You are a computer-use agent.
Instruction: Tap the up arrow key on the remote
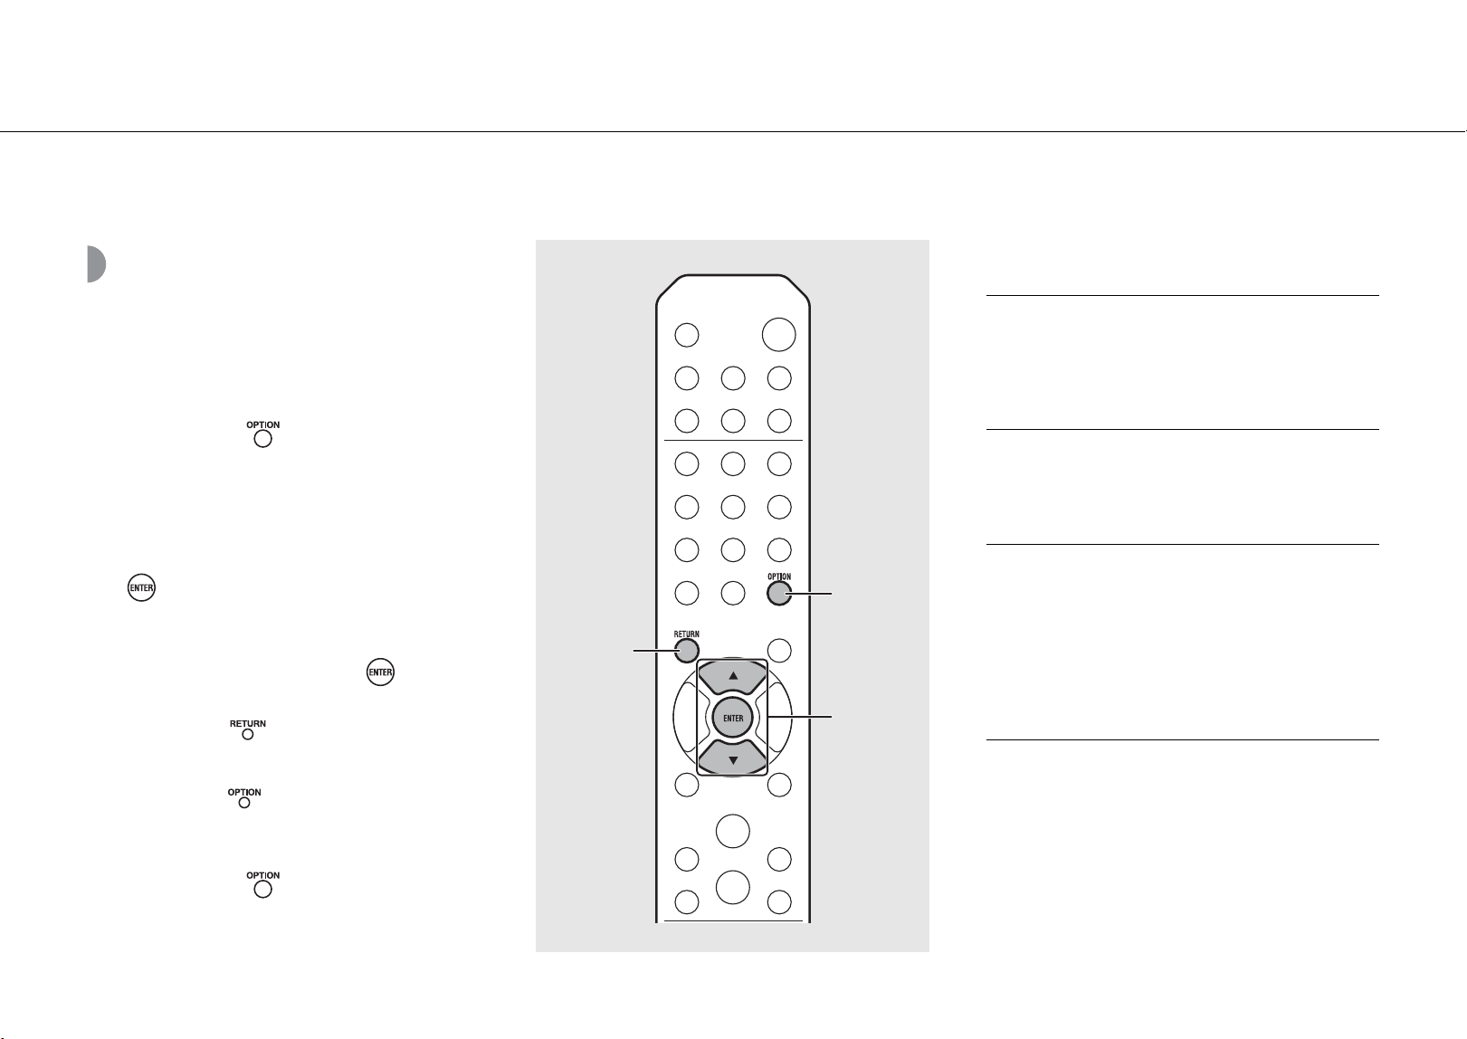pos(733,676)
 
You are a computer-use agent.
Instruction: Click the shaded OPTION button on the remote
pos(779,594)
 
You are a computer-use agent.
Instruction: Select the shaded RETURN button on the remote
pos(686,651)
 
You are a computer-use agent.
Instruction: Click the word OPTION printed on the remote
pos(779,577)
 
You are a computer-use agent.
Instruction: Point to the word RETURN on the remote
pos(686,634)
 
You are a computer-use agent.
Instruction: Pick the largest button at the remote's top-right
pos(778,335)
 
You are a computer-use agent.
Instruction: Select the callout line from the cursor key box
pos(800,718)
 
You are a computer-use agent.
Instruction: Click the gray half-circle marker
pos(96,264)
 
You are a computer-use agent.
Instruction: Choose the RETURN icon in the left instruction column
pos(248,729)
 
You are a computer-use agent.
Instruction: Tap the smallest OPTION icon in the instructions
pos(244,797)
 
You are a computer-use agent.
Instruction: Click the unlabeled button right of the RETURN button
pos(779,651)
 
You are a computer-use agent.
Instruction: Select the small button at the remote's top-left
pos(686,335)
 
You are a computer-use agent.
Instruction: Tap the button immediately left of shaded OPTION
pos(733,594)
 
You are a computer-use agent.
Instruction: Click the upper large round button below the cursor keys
pos(733,831)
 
